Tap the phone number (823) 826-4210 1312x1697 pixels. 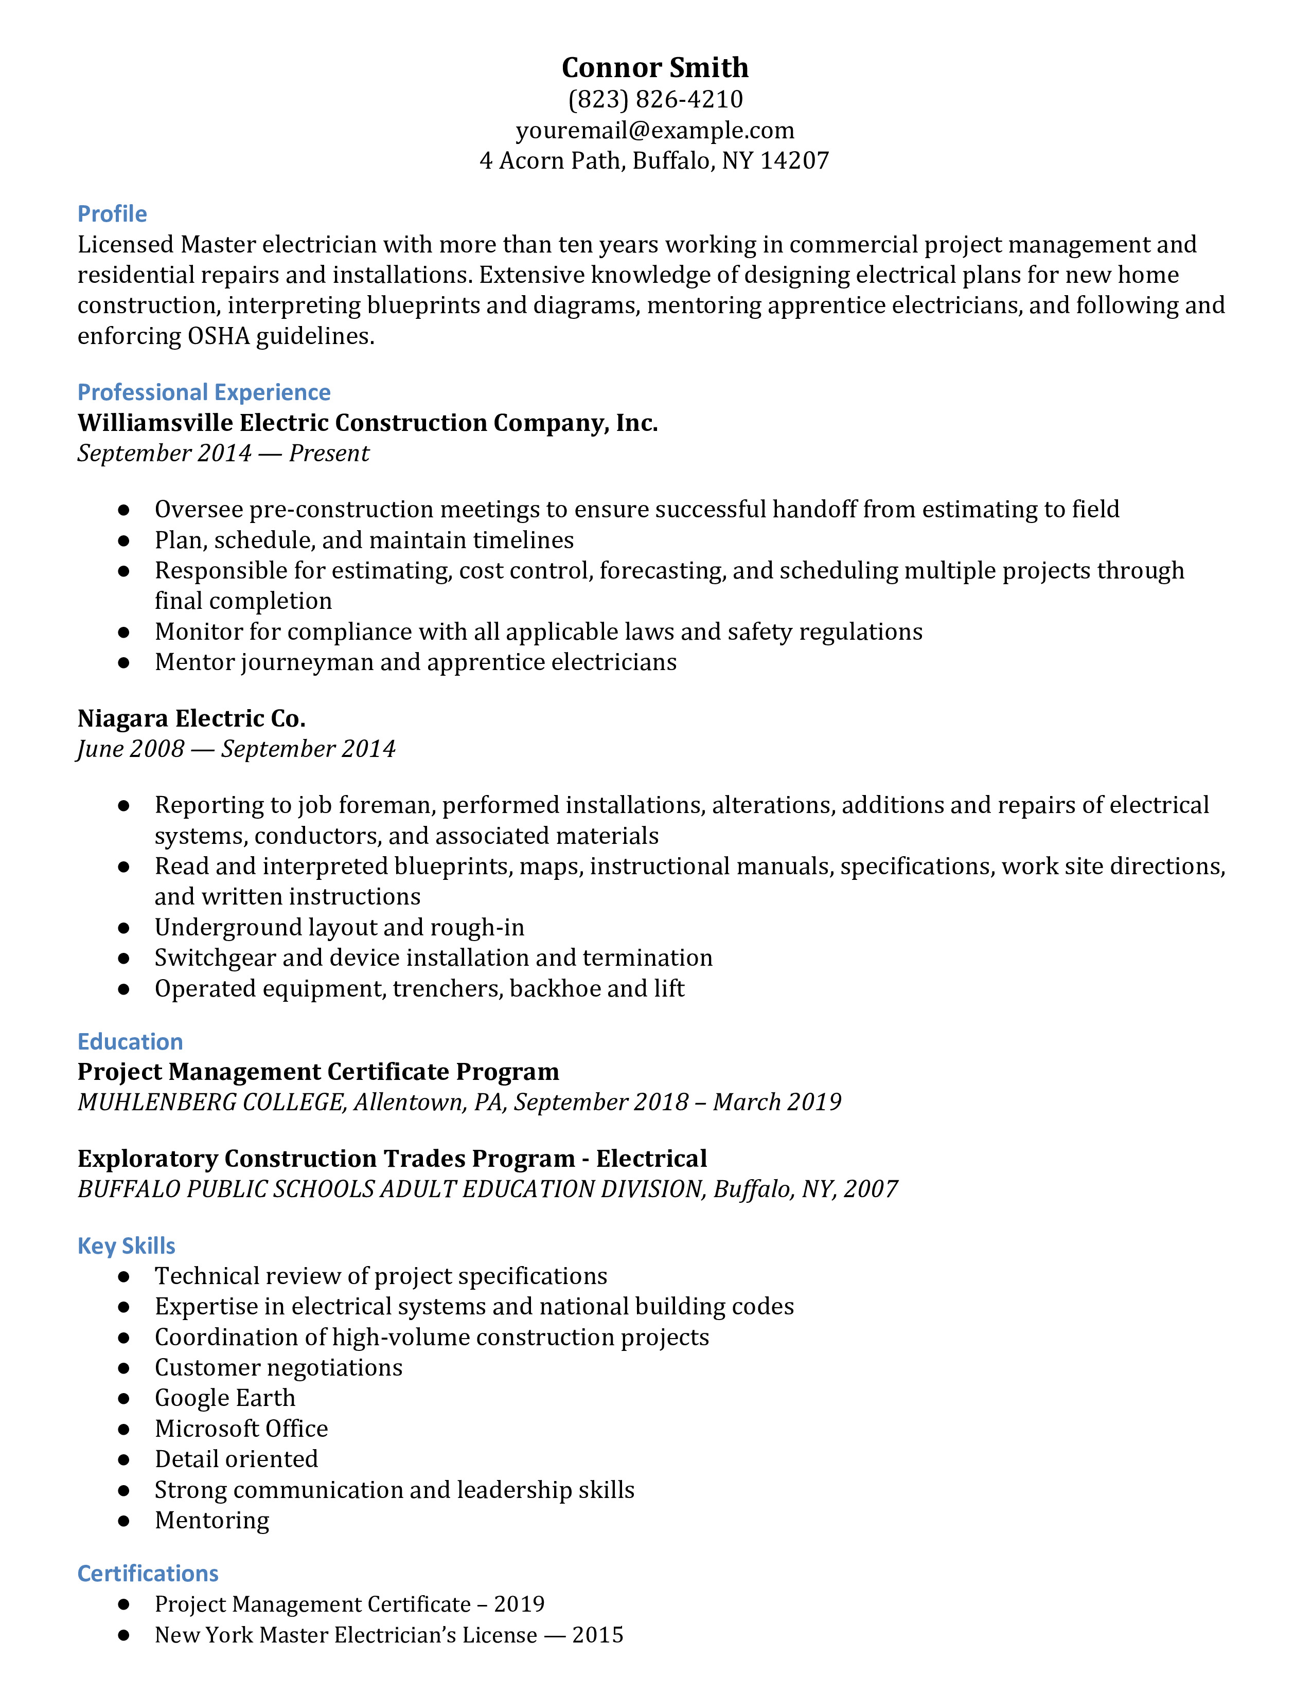coord(654,99)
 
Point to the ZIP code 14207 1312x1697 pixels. coord(794,161)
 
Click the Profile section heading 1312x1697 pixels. coord(112,214)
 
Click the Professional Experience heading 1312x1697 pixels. coord(204,392)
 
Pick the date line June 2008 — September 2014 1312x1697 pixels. coord(236,749)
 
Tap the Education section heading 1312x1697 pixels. coord(130,1041)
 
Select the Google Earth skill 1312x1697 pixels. coord(225,1398)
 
